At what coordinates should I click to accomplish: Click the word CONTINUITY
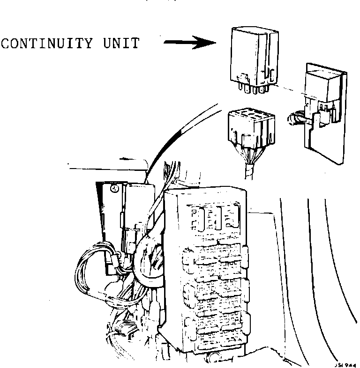44,44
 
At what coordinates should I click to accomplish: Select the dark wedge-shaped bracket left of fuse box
105,211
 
